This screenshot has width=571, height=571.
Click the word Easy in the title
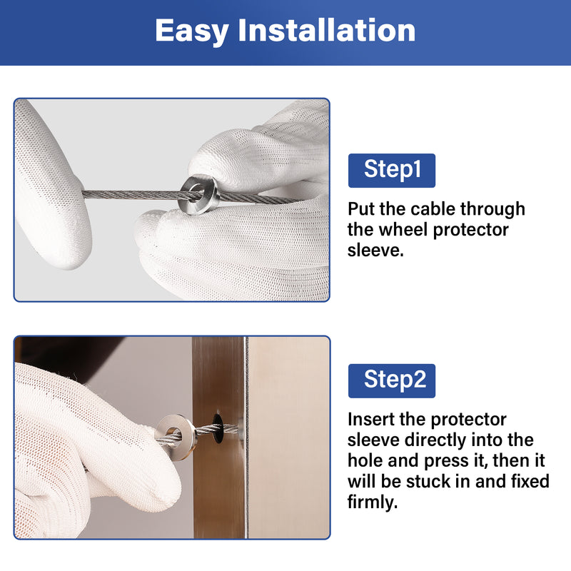[x=192, y=31]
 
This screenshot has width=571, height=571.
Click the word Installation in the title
[x=327, y=30]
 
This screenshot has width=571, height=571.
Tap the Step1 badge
[x=391, y=171]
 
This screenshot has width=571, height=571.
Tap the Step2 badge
[x=391, y=380]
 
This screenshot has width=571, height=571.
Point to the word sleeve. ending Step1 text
[x=375, y=251]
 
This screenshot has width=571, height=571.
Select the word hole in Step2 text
[x=365, y=460]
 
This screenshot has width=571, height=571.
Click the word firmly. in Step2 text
[x=373, y=502]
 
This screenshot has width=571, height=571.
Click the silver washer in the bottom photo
[x=176, y=437]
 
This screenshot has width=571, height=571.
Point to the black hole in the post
[x=218, y=428]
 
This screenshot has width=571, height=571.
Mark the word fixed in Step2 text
[x=530, y=481]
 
